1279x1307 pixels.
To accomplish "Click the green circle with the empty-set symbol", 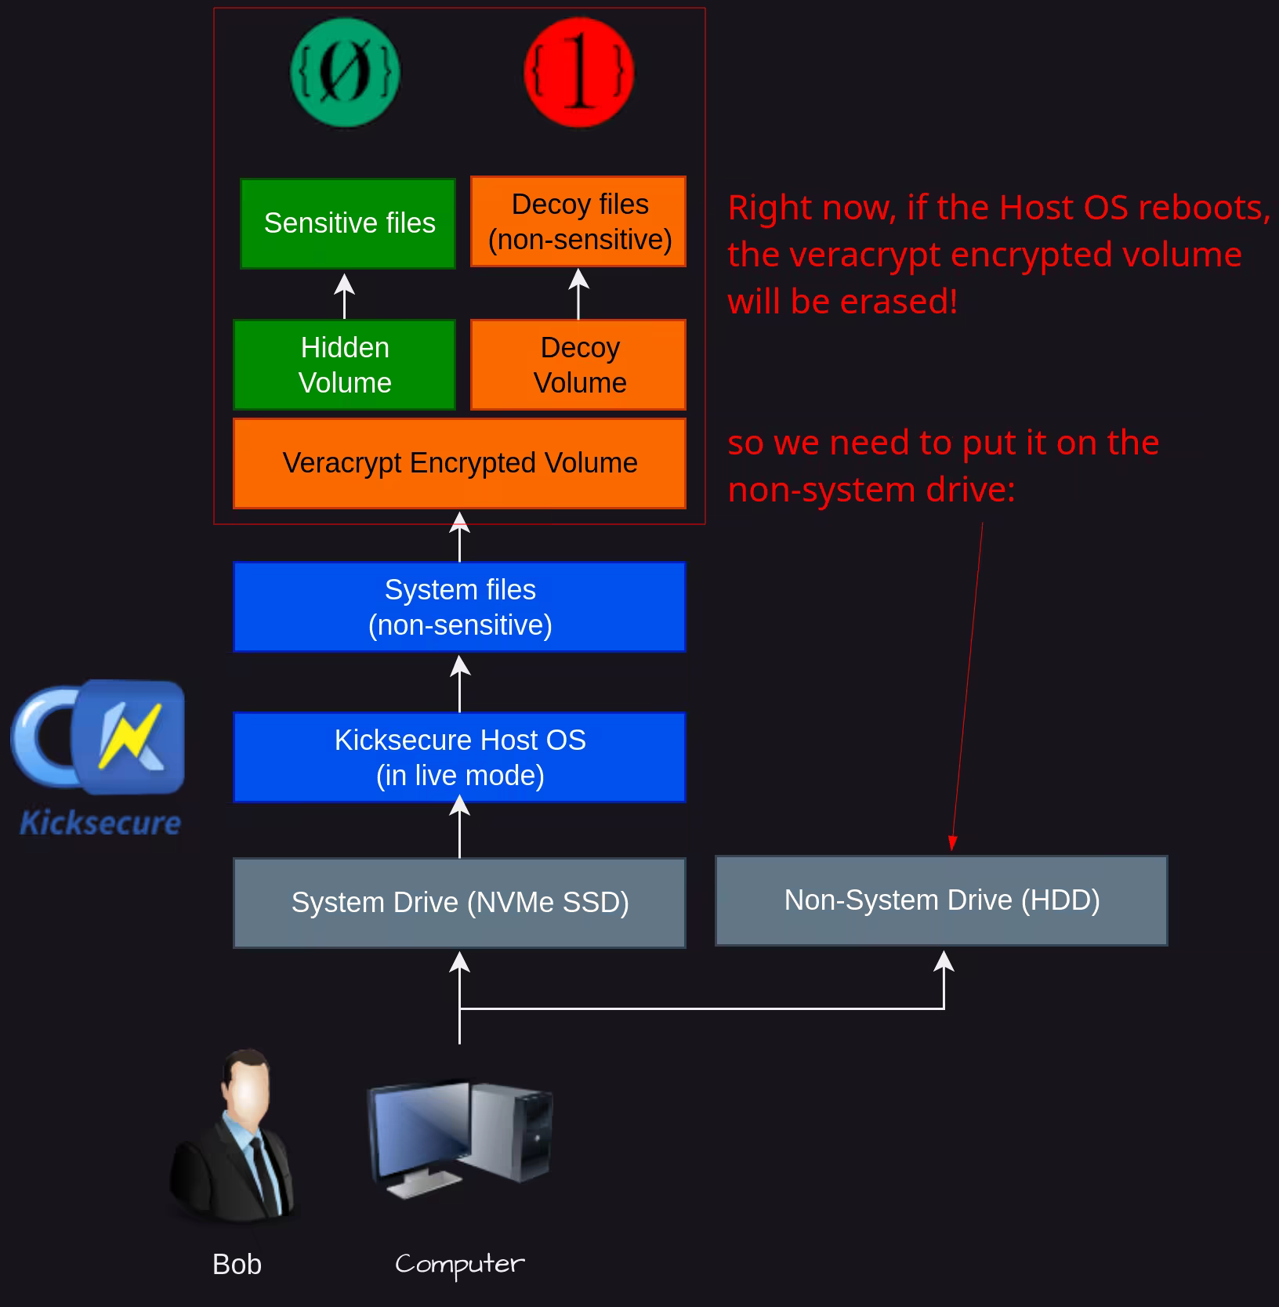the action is coord(345,73).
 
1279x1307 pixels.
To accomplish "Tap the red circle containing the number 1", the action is coord(578,73).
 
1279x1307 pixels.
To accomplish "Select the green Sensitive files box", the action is coord(348,223).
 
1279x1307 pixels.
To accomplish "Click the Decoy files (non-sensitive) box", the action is coord(578,222).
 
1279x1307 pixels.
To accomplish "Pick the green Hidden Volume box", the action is coord(344,364).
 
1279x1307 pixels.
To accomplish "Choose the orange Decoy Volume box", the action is coord(578,364).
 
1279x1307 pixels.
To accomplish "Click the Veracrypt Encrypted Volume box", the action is coord(459,463).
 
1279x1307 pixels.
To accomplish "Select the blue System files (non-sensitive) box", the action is coord(459,606).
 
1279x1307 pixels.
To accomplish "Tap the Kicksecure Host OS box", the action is coord(459,757).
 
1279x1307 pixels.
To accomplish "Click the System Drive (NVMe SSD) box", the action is coord(459,903).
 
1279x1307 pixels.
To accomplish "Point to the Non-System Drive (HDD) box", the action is coord(941,900).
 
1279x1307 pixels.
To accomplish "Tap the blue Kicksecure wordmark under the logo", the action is coord(100,823).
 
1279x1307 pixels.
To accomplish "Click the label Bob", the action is coord(237,1264).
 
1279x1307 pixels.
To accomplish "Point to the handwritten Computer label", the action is coord(460,1264).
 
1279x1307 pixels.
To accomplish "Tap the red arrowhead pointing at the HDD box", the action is coord(952,843).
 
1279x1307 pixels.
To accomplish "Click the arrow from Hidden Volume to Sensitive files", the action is coord(344,295).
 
